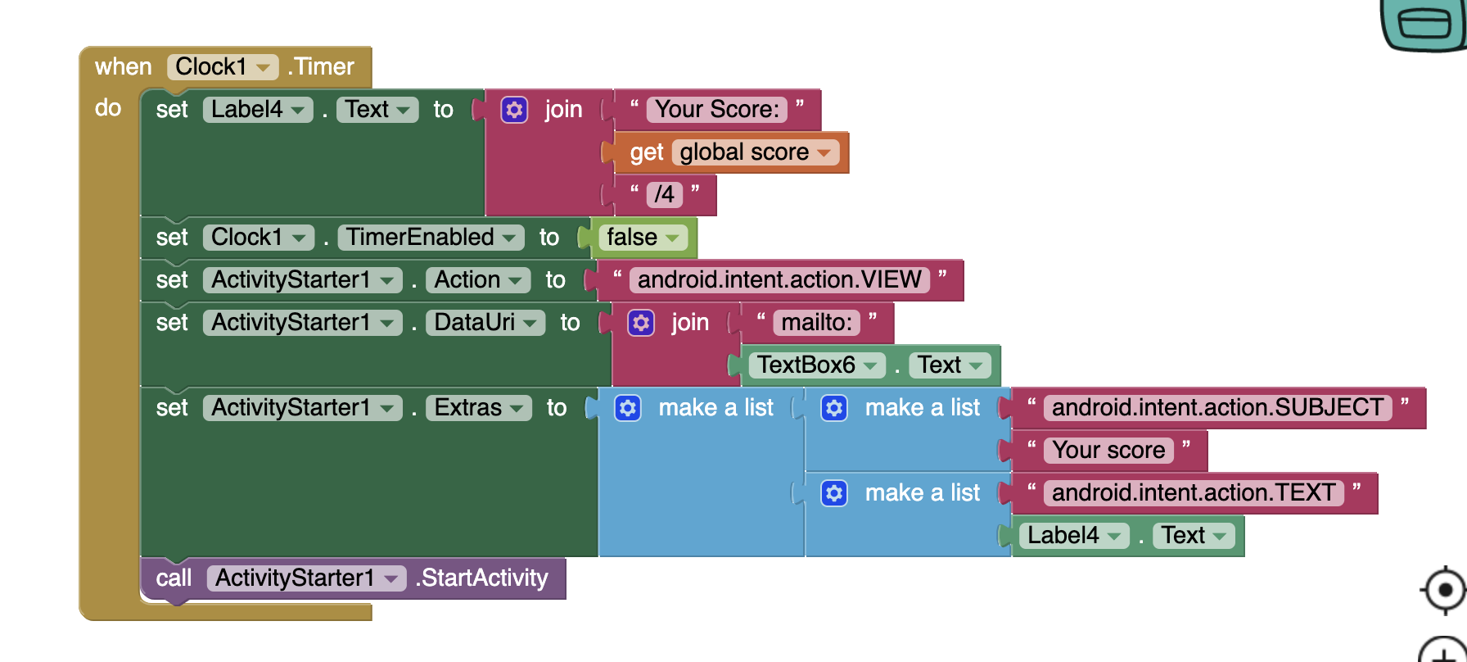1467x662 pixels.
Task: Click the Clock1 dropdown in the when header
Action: click(x=223, y=66)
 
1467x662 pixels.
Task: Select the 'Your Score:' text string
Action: click(x=717, y=109)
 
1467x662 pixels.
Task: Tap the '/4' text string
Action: click(x=664, y=194)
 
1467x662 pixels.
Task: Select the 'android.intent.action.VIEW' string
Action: click(x=779, y=280)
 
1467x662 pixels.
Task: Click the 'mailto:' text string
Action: click(x=816, y=323)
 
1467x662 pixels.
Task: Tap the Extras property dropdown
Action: click(x=479, y=408)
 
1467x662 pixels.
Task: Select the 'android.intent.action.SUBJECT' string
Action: click(x=1217, y=408)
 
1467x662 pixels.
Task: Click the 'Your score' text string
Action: click(x=1108, y=451)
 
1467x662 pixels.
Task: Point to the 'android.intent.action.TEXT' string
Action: click(x=1193, y=493)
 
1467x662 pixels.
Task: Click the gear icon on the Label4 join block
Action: click(x=514, y=110)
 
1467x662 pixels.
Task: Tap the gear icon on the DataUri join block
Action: click(x=641, y=323)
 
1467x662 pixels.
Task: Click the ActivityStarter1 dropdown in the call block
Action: click(x=306, y=578)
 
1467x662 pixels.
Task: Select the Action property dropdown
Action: click(x=478, y=280)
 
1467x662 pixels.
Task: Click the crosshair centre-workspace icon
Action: click(x=1445, y=590)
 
